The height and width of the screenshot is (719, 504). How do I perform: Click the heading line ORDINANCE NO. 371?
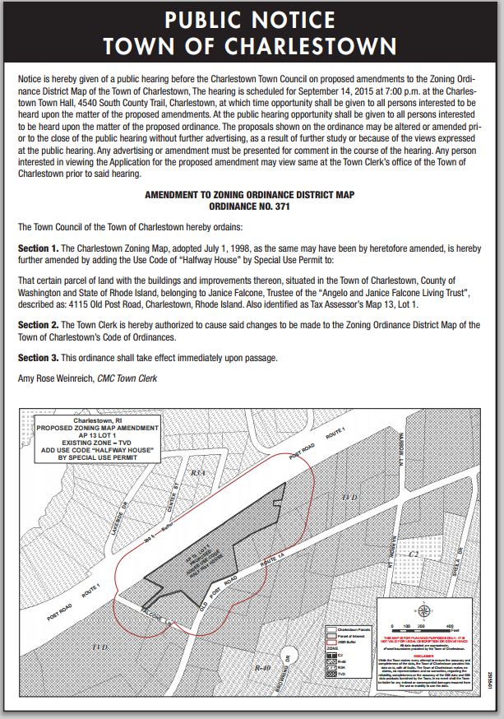(252, 208)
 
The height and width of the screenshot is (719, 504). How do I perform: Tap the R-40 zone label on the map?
(262, 668)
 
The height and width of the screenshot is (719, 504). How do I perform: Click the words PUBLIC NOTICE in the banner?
(252, 18)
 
